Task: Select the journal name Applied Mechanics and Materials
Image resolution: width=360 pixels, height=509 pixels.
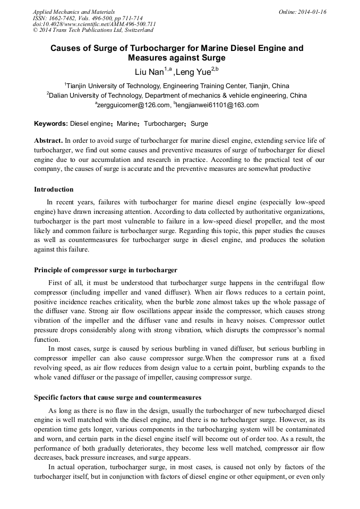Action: (74, 11)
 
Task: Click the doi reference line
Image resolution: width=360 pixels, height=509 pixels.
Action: (94, 24)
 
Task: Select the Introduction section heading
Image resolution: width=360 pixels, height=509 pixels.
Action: (54, 189)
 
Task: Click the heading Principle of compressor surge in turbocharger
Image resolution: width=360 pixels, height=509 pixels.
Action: (106, 270)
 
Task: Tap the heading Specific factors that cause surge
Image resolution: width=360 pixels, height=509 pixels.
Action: (117, 397)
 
